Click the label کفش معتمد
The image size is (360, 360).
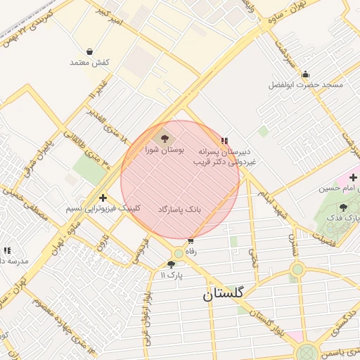[89, 63]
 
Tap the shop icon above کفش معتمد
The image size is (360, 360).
[90, 51]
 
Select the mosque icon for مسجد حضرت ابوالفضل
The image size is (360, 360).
[305, 75]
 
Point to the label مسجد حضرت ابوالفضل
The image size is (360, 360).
[305, 85]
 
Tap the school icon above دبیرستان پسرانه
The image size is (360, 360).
[224, 141]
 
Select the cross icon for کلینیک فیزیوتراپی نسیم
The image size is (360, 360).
[103, 198]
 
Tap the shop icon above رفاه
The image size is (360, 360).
[190, 240]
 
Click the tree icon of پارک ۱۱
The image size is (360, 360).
[171, 264]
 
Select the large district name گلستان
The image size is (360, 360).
[222, 294]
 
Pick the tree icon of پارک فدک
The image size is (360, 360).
[343, 207]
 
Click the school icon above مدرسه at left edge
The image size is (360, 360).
[7, 250]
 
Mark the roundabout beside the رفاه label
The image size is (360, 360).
[179, 253]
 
